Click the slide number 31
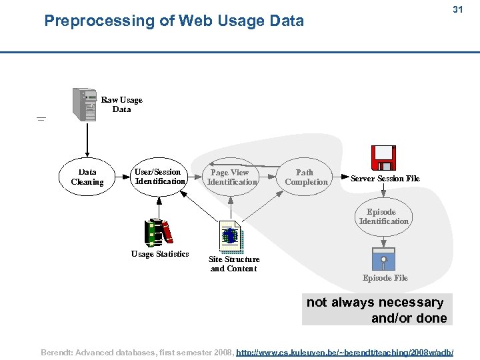457,9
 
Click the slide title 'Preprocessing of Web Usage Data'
173,21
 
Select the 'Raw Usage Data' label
121,105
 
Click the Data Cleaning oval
87,177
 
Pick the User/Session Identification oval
159,177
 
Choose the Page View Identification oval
231,177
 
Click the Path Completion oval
305,177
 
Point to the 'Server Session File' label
385,179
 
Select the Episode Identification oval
383,217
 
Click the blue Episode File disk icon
383,258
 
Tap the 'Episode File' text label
385,278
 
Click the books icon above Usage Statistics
158,232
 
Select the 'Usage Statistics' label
160,254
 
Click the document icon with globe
231,235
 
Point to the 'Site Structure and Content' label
234,264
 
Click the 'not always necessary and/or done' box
377,310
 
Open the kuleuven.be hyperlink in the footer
345,351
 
